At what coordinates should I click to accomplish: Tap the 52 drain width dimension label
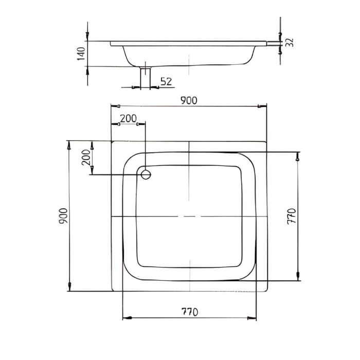click(166, 81)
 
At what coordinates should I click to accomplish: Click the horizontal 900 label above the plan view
click(189, 101)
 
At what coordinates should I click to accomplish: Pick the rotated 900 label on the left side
click(62, 216)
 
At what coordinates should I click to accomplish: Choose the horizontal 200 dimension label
click(128, 118)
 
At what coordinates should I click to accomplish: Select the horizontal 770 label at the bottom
click(189, 312)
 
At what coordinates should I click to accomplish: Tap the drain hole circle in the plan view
click(146, 174)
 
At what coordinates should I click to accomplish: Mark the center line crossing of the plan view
click(189, 217)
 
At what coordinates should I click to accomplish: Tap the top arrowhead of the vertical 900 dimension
click(68, 145)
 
